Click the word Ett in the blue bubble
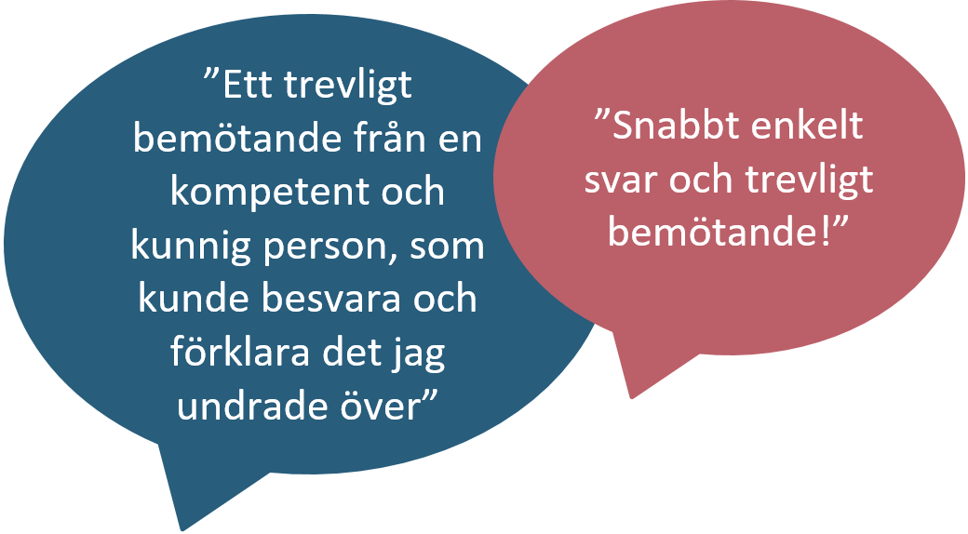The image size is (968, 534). (247, 85)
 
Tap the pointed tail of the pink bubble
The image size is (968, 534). (630, 396)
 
